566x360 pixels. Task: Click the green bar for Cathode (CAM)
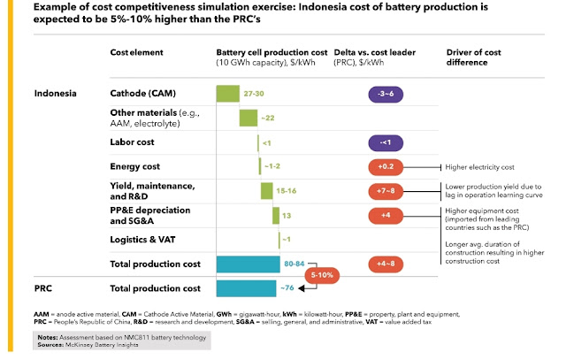click(x=227, y=93)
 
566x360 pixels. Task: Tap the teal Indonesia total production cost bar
click(x=248, y=264)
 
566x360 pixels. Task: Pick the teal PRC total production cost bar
click(x=246, y=288)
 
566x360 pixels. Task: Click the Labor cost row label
click(x=133, y=142)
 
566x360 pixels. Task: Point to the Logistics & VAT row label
click(x=141, y=239)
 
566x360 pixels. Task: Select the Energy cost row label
click(x=134, y=166)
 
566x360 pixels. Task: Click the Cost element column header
click(x=136, y=53)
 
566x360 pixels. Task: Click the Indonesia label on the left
click(x=56, y=93)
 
